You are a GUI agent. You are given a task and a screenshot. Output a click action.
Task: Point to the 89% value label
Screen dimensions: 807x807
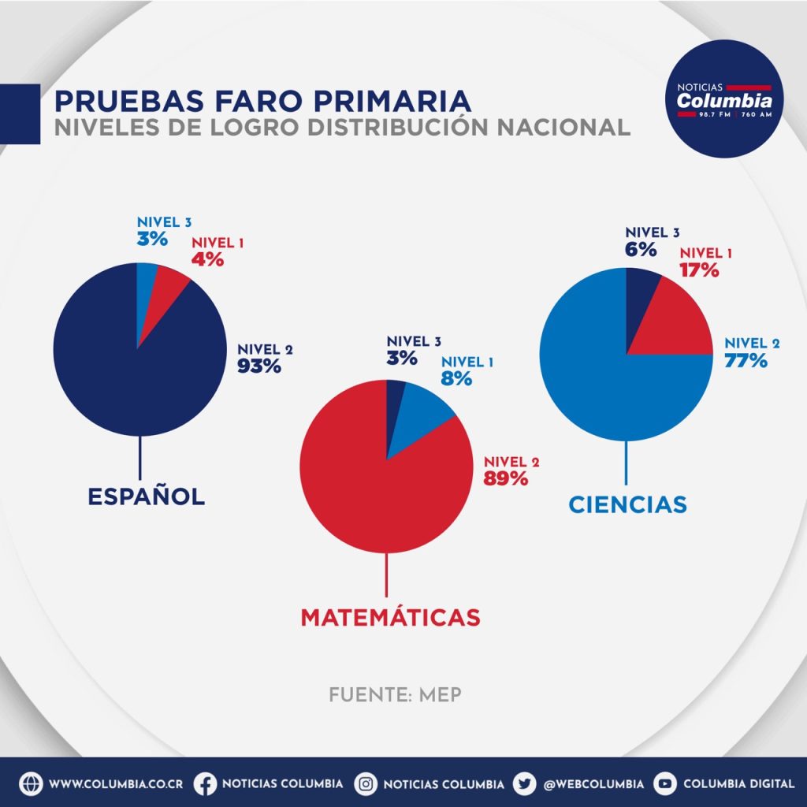506,478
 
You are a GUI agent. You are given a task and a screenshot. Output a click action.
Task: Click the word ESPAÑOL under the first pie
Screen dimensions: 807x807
146,496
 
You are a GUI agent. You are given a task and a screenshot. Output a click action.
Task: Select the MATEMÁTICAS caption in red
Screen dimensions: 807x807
390,617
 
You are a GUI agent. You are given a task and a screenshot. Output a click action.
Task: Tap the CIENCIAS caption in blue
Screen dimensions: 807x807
627,504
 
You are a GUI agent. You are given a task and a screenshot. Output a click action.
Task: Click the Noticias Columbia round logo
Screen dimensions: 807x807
724,99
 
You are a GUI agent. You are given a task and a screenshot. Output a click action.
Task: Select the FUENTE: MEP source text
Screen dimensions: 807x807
395,695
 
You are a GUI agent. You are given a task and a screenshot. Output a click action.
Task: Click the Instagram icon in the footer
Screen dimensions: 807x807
366,784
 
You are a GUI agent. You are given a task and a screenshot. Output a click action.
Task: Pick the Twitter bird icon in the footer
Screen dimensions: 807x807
524,784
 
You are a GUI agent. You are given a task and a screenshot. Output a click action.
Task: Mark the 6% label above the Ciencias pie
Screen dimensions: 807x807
642,249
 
